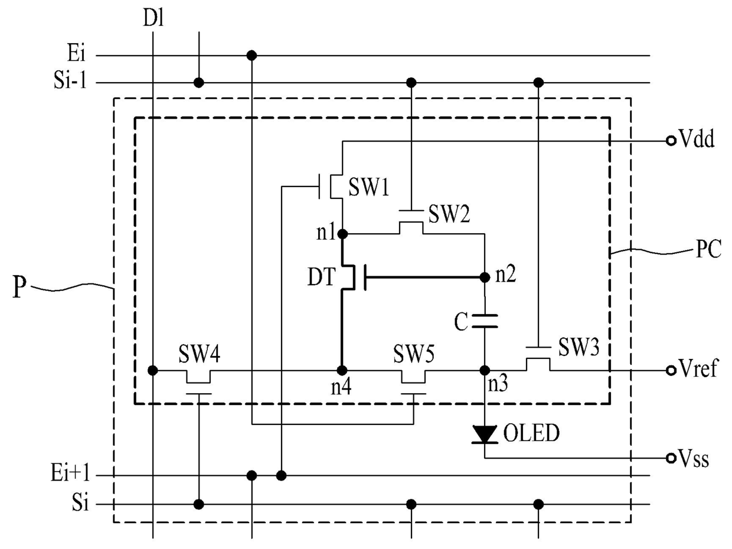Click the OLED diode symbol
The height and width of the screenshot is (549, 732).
(485, 434)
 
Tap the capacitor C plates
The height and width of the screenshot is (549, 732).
(485, 321)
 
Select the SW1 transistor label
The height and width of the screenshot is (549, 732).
(369, 187)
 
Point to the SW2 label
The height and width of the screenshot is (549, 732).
(449, 214)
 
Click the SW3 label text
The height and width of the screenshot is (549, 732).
(579, 347)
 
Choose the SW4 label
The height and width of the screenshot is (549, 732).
(200, 354)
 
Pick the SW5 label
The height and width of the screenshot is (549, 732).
(414, 354)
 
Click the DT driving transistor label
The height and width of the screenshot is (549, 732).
(321, 277)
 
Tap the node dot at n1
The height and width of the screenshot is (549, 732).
(342, 234)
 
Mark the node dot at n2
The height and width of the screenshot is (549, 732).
(485, 277)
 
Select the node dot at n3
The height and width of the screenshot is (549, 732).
(485, 370)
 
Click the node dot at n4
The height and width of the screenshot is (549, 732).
(342, 370)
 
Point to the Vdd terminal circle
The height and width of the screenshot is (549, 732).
(671, 140)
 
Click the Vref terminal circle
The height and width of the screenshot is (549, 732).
(671, 370)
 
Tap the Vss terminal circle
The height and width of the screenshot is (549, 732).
(671, 458)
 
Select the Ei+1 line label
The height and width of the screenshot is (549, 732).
(70, 472)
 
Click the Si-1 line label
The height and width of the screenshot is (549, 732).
(70, 80)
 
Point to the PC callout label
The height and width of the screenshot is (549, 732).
(708, 249)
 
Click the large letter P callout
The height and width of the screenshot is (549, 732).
(19, 286)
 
